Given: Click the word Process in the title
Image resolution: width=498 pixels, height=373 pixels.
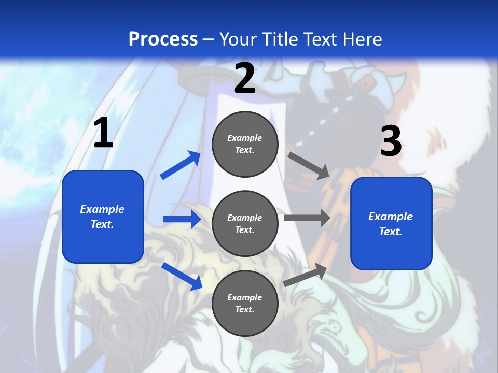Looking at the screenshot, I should pyautogui.click(x=163, y=39).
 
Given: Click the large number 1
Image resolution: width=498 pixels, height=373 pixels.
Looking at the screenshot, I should pyautogui.click(x=103, y=133).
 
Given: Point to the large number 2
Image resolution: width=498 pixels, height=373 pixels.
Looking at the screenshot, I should pyautogui.click(x=245, y=78).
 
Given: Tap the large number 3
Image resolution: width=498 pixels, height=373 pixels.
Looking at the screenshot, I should pyautogui.click(x=391, y=141).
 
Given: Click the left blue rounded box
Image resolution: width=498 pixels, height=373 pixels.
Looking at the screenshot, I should pyautogui.click(x=103, y=217).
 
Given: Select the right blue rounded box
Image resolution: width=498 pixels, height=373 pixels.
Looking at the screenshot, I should pyautogui.click(x=391, y=224).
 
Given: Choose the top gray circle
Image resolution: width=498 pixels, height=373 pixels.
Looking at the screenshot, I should pyautogui.click(x=245, y=144).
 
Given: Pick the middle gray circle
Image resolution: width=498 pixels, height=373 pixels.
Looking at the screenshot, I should pyautogui.click(x=245, y=224).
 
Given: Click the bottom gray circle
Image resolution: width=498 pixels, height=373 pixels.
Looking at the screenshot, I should pyautogui.click(x=245, y=304).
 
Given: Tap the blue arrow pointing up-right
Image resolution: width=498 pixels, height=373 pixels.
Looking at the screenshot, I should pyautogui.click(x=181, y=165).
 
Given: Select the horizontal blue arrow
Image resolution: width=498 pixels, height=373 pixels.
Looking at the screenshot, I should pyautogui.click(x=182, y=219).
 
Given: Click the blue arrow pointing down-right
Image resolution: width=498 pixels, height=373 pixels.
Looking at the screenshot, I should pyautogui.click(x=182, y=276).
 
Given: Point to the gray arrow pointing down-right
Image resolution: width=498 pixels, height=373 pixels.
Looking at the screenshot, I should pyautogui.click(x=309, y=165).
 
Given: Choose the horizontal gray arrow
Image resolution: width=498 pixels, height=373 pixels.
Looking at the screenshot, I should pyautogui.click(x=307, y=218).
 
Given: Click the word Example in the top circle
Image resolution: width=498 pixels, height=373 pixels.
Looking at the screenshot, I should pyautogui.click(x=245, y=138).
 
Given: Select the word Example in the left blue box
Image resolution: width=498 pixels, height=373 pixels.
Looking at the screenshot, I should pyautogui.click(x=102, y=209).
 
